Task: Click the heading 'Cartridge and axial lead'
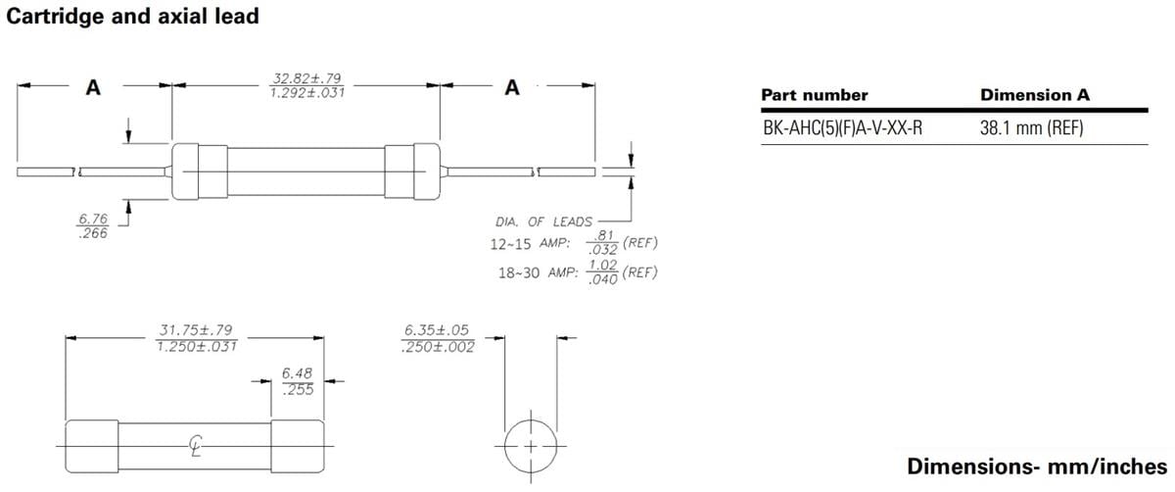[x=133, y=17]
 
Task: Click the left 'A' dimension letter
[x=93, y=87]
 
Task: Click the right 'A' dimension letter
[x=511, y=87]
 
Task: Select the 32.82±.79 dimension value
[x=306, y=78]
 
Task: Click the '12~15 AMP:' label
[x=530, y=243]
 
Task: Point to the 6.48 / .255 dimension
[x=297, y=381]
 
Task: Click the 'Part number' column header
[x=814, y=95]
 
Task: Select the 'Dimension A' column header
[x=1034, y=95]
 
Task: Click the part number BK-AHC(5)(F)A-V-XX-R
[x=842, y=127]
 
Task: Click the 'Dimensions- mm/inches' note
[x=1037, y=466]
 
